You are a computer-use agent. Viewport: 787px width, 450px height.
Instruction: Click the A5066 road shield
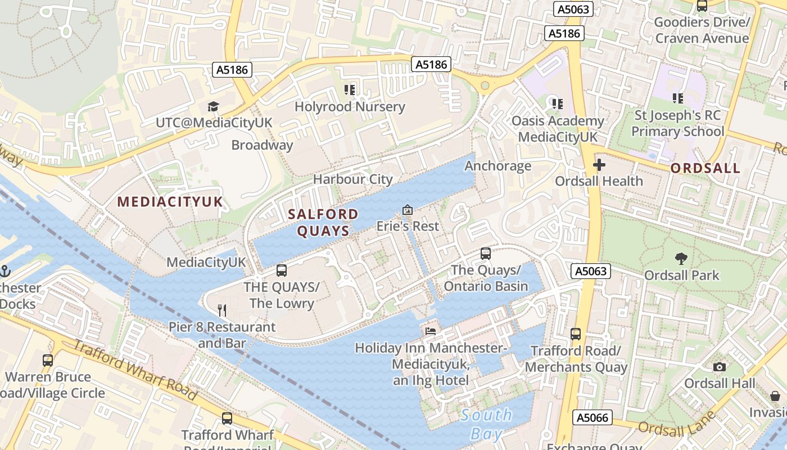pos(592,417)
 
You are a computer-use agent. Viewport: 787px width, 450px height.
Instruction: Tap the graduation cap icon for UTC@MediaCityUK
pos(213,106)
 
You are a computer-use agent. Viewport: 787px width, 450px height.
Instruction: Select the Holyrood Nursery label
pos(350,106)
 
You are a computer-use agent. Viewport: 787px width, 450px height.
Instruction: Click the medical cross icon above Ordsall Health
pos(599,165)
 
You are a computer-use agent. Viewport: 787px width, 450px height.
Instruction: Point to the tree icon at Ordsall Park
pos(681,259)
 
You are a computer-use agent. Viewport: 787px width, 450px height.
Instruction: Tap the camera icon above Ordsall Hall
pos(719,367)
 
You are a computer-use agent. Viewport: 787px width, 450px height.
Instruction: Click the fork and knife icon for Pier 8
pos(222,310)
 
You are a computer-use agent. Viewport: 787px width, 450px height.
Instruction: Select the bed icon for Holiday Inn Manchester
pos(431,331)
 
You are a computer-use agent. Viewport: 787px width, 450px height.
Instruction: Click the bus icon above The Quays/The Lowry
pos(282,271)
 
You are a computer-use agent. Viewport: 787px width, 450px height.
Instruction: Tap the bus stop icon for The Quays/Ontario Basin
pos(486,254)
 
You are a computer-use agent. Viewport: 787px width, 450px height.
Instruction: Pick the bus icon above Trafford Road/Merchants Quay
pos(576,334)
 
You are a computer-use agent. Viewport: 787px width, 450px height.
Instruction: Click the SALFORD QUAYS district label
pos(323,222)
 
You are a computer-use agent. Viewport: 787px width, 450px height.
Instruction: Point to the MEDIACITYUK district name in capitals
pos(170,202)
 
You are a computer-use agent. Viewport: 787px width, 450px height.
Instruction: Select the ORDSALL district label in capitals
pos(705,168)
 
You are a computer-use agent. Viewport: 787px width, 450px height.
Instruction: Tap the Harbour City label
pos(352,179)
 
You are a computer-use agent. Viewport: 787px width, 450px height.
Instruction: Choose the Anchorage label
pos(497,166)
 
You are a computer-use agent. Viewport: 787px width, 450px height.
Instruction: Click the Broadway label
pos(262,145)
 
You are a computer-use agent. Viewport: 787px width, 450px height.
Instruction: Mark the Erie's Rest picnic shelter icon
pos(408,210)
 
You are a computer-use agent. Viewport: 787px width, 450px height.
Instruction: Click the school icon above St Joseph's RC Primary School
pos(678,98)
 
